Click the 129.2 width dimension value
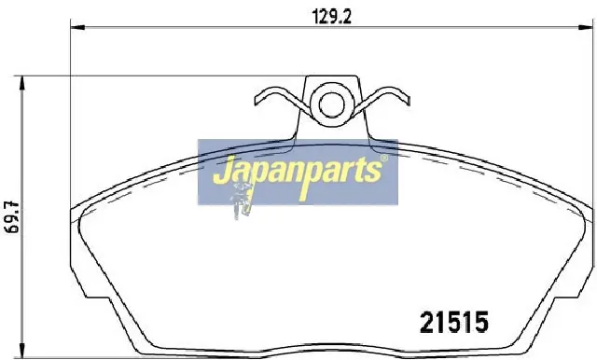click(x=331, y=17)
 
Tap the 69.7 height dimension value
click(x=12, y=217)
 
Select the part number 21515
click(x=454, y=323)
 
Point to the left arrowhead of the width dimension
click(x=77, y=27)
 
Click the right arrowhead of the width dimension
click(x=586, y=27)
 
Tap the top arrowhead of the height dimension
click(x=22, y=83)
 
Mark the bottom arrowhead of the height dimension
click(x=22, y=351)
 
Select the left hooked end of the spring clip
click(x=257, y=99)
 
